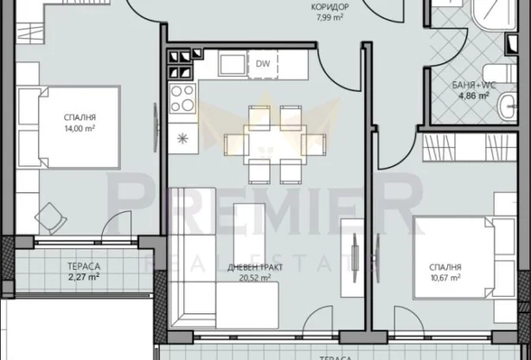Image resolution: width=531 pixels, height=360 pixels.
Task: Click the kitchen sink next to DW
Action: (x=229, y=65)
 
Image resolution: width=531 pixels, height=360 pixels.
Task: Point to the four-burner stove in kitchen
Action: (x=182, y=100)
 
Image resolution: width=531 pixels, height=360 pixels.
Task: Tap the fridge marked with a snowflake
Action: (x=182, y=138)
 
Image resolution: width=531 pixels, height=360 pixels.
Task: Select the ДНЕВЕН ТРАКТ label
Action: (x=253, y=267)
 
